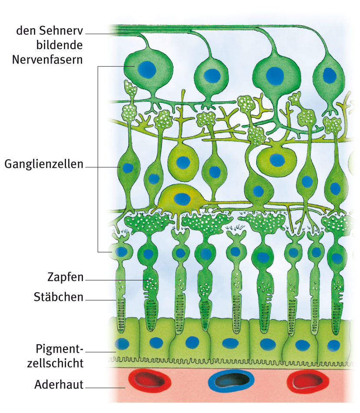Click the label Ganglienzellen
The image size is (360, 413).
coord(44,165)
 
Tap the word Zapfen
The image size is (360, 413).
coord(65,277)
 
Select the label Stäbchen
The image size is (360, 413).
coord(59,297)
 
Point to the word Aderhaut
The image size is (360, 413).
coord(59,385)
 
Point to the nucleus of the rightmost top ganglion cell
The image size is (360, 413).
coord(329,75)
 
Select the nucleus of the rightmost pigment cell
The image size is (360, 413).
coord(334,345)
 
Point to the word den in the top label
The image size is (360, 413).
coord(24,31)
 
